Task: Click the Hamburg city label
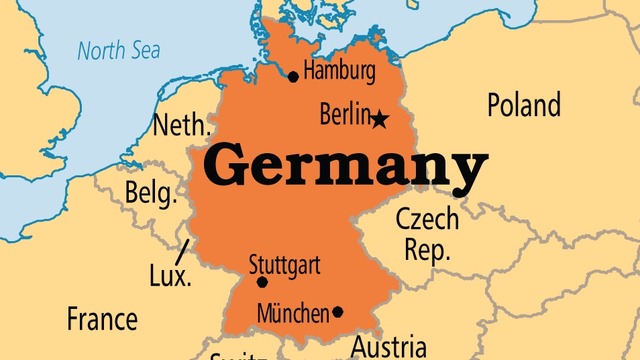(x=340, y=73)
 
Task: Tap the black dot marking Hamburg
(x=293, y=76)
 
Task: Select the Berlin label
(x=344, y=115)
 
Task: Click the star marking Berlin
(x=380, y=120)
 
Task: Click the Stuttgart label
(x=284, y=265)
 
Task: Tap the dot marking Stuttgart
(x=262, y=282)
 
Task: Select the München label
(x=293, y=313)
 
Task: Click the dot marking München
(x=338, y=312)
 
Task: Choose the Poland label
(x=524, y=104)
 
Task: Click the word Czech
(x=427, y=219)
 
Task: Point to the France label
(x=102, y=319)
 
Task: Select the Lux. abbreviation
(x=170, y=277)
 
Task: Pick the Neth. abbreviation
(x=181, y=126)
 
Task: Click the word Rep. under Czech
(x=427, y=249)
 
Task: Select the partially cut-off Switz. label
(x=238, y=354)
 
